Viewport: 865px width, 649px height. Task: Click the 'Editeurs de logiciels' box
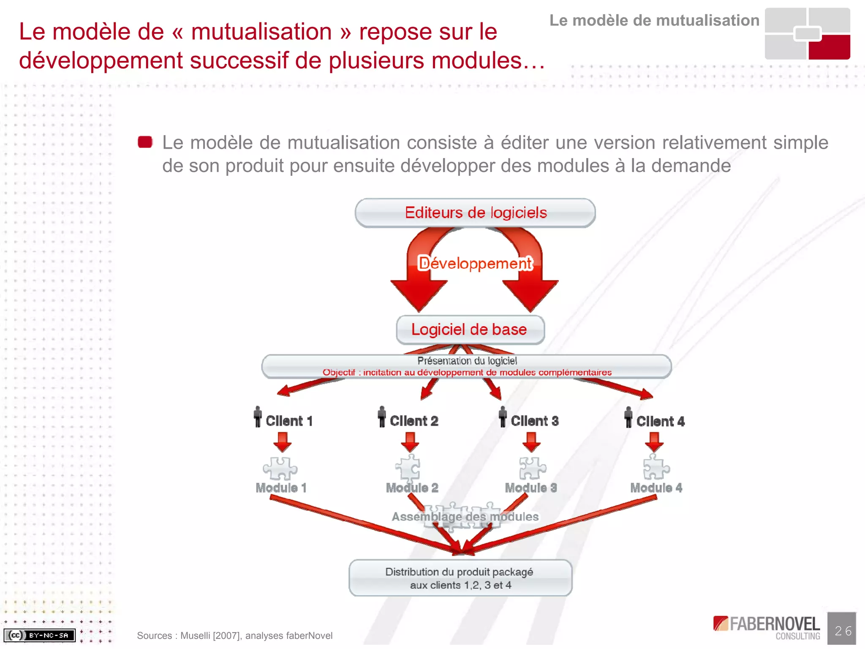(x=475, y=213)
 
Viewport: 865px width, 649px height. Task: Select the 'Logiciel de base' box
(x=470, y=330)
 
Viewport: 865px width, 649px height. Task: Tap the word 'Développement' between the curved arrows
(x=475, y=263)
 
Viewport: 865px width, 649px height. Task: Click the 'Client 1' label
(x=289, y=421)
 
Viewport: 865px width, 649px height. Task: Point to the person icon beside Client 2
(x=382, y=417)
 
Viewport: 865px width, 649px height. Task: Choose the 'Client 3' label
(x=535, y=421)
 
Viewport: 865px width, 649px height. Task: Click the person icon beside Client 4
(x=628, y=417)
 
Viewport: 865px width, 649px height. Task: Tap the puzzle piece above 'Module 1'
(x=280, y=468)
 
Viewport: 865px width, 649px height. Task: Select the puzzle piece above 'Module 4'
(x=656, y=467)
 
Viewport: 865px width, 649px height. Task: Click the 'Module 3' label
(x=531, y=488)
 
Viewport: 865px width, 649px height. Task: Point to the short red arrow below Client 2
(x=410, y=442)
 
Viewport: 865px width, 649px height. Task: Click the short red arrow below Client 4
(x=654, y=442)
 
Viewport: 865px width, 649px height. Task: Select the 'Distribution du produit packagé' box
(x=460, y=578)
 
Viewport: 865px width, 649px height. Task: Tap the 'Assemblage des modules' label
(x=465, y=516)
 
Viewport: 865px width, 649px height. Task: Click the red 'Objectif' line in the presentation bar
(x=467, y=372)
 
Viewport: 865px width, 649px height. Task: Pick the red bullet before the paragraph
(x=145, y=142)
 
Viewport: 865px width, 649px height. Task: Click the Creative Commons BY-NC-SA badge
(x=39, y=635)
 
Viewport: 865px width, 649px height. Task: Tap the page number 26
(x=843, y=631)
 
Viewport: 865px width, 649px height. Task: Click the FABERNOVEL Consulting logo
(x=767, y=627)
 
